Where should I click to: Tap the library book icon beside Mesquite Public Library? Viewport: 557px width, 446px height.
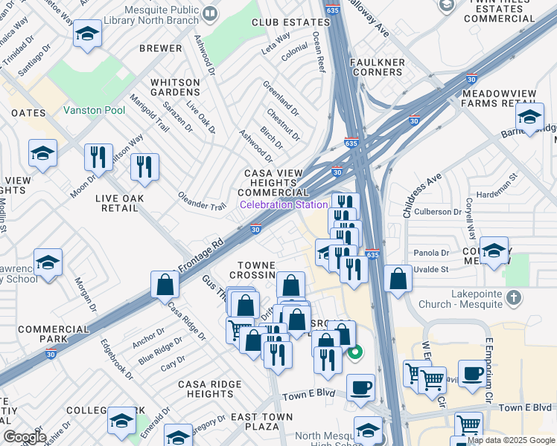210,13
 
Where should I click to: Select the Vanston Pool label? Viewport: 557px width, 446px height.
94,110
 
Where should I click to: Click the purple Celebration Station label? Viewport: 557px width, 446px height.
283,204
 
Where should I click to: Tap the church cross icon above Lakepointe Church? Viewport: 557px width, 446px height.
512,297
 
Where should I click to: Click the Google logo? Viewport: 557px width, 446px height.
25,437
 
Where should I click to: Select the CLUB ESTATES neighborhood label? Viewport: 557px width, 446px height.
290,24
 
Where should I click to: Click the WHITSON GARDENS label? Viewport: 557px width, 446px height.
175,88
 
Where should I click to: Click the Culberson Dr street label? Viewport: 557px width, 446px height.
437,212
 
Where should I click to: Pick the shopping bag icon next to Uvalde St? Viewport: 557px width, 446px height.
399,279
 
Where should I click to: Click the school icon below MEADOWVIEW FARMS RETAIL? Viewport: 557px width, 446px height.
529,117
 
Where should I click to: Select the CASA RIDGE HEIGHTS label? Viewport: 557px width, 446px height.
209,389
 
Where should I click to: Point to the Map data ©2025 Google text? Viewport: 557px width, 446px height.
510,440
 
